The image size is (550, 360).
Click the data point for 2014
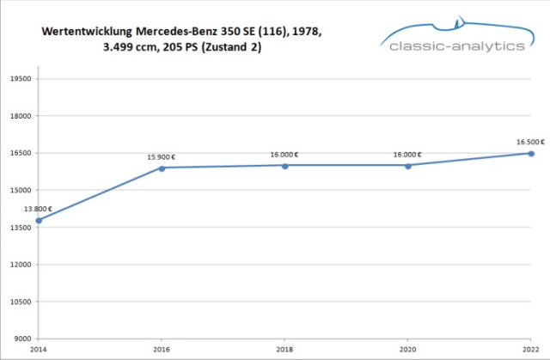[39, 221]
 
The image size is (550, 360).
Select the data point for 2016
[162, 168]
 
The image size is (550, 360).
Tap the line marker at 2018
[284, 165]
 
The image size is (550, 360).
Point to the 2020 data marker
[407, 165]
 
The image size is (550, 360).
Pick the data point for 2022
[531, 154]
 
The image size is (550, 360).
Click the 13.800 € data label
[38, 209]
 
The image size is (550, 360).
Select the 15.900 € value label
[162, 156]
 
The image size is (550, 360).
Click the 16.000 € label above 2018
[284, 155]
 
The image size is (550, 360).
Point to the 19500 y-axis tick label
[19, 78]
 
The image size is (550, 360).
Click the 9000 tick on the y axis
[21, 339]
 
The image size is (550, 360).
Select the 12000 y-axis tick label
[19, 265]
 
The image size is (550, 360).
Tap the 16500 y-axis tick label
[19, 153]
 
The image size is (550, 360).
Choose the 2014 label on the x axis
[38, 350]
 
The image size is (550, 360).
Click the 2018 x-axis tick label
[284, 350]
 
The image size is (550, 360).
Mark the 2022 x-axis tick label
[530, 350]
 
